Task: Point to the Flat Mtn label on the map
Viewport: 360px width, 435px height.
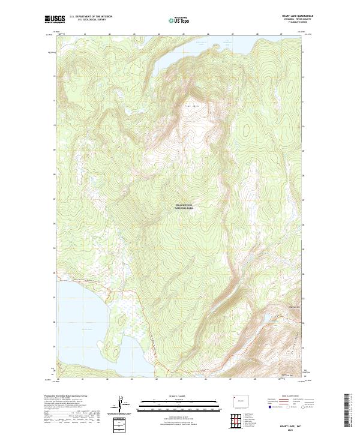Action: click(190, 106)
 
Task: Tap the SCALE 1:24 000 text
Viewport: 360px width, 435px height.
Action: click(180, 395)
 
